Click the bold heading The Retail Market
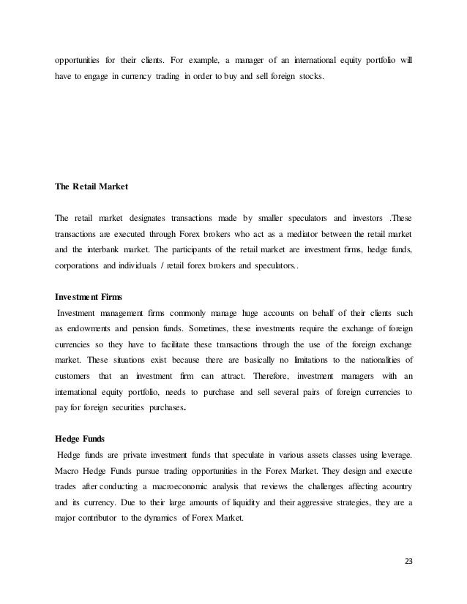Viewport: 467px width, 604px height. coord(91,186)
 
